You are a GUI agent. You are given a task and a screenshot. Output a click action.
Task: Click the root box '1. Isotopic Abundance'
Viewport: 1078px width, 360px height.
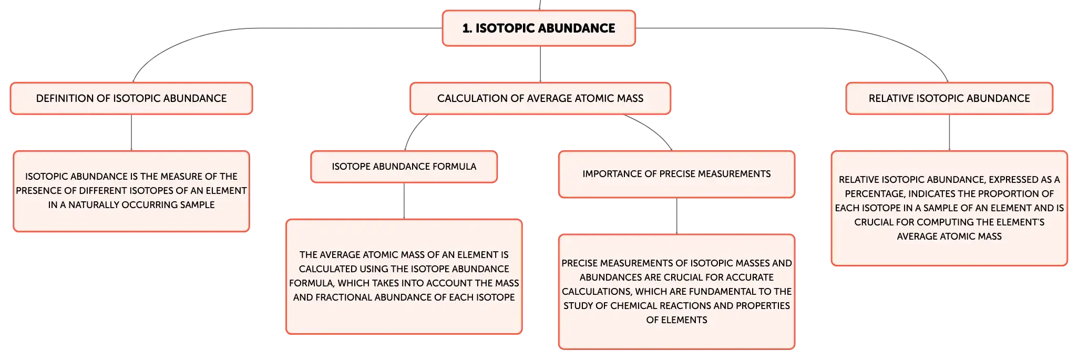tap(539, 28)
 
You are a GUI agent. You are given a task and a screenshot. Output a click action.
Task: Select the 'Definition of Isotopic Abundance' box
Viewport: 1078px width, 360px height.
tap(131, 98)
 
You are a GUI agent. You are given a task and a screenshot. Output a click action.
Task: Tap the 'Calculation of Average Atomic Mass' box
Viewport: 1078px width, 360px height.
tap(540, 98)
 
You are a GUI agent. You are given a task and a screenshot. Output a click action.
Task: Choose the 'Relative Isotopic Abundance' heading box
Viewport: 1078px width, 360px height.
tap(949, 98)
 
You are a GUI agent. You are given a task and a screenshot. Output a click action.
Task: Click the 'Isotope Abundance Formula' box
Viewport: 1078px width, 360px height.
tap(404, 167)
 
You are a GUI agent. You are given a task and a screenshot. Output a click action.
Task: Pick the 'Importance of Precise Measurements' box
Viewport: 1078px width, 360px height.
tap(676, 174)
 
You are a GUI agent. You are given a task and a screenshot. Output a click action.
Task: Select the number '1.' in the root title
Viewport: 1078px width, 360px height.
tap(467, 28)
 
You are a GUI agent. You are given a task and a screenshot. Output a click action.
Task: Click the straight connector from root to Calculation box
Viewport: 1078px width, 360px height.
tap(540, 64)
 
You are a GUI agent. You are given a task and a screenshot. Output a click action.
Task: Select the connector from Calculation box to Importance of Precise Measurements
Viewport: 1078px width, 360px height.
tap(652, 129)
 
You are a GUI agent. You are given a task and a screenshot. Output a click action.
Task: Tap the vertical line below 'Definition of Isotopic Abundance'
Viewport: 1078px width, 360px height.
tap(131, 132)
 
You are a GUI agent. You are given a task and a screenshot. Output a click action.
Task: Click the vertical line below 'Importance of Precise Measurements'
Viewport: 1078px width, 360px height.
tap(676, 216)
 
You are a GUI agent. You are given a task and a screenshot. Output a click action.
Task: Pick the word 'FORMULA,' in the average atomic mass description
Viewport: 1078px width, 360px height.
tap(312, 283)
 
